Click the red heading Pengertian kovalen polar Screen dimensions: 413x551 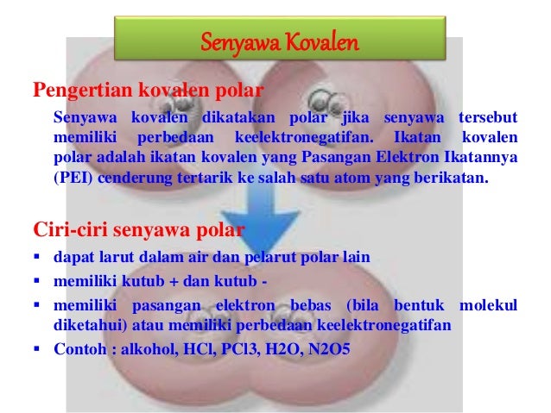tap(148, 90)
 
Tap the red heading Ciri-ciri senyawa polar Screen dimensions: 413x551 tap(138, 230)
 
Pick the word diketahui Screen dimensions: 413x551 tap(86, 326)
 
